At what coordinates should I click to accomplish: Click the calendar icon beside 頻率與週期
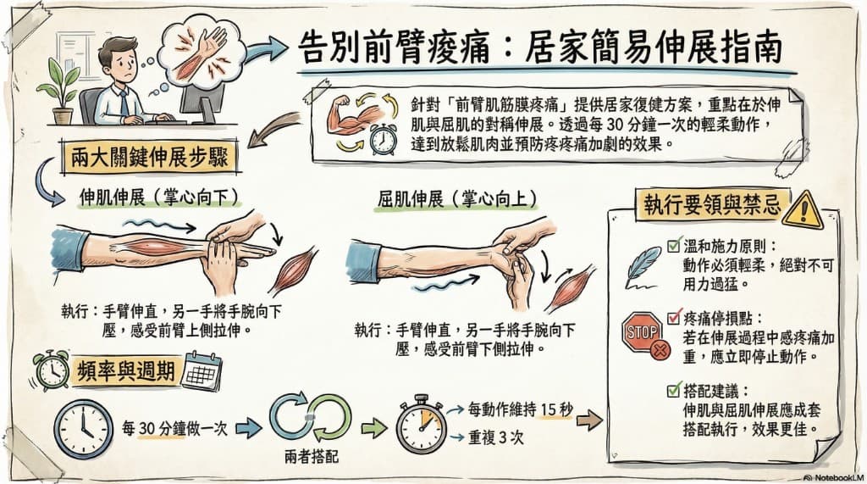tap(201, 370)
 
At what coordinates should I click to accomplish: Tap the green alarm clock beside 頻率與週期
tap(51, 370)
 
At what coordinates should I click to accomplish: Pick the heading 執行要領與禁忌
tap(709, 204)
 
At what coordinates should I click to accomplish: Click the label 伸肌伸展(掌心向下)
tap(158, 198)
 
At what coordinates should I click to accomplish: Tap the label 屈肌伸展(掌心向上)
tap(457, 198)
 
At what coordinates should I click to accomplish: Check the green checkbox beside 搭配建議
tap(673, 391)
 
